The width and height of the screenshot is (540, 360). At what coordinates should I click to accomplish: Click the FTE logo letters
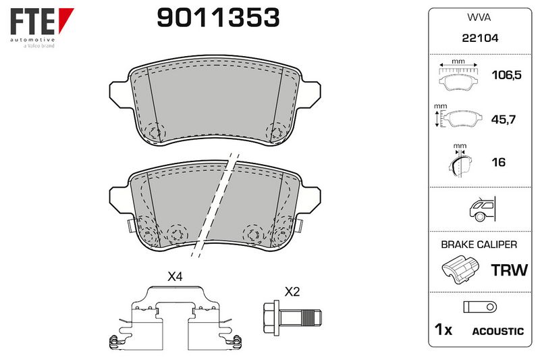pos(32,21)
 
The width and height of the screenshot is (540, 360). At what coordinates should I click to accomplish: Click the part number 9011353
pos(218,18)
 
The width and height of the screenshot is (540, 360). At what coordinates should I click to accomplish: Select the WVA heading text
pos(479,18)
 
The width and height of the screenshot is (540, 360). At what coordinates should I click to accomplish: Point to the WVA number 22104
pos(480,38)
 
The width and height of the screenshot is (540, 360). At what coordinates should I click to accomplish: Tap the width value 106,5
pos(507,75)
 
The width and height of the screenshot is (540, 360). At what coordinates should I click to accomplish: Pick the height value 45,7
pos(503,120)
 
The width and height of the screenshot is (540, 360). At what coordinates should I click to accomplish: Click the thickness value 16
pos(499,162)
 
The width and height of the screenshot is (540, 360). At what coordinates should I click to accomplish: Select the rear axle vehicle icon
pos(482,209)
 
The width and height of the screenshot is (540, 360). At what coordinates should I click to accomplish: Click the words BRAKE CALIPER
pos(479,245)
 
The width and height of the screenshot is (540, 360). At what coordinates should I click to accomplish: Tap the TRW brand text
pos(510,270)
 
